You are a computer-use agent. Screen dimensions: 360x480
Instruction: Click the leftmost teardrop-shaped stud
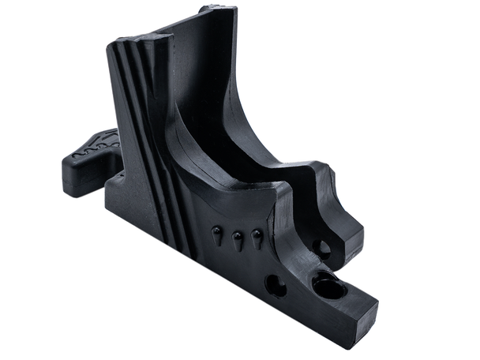[x=217, y=233]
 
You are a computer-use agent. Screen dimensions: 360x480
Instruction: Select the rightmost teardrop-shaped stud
[x=257, y=237]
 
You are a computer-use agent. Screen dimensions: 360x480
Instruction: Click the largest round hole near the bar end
[x=328, y=286]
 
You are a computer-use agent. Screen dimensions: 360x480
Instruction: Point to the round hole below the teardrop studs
[x=276, y=285]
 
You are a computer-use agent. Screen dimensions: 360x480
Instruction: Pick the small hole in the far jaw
[x=321, y=249]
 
